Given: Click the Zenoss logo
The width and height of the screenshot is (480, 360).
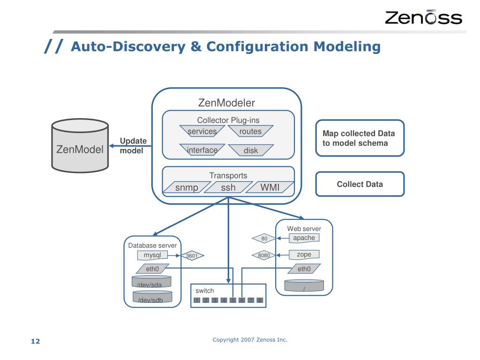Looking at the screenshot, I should tap(423, 17).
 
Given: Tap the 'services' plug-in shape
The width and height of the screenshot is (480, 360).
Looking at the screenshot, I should tap(202, 132).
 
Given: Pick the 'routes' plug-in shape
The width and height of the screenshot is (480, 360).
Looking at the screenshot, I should tap(250, 132).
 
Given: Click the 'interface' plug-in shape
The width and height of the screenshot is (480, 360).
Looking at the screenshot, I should tap(202, 150).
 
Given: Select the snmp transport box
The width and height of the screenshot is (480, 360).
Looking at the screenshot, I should tap(187, 188).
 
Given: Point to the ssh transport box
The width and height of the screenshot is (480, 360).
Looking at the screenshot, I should tap(228, 188).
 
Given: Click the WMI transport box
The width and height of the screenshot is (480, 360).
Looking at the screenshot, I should tap(270, 188).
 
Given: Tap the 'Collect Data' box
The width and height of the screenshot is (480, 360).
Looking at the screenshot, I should tap(360, 184).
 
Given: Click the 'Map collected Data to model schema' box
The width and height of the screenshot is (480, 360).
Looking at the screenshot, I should tap(360, 138).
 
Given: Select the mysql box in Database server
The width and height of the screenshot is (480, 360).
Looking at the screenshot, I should tap(152, 255).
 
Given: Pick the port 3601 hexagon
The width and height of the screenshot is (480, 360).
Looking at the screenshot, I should tap(192, 256).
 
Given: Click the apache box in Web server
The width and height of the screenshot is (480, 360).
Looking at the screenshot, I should tap(304, 238).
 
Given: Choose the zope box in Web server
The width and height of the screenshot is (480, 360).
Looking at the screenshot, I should tap(304, 255).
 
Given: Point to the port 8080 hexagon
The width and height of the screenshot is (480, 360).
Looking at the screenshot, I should tap(264, 256).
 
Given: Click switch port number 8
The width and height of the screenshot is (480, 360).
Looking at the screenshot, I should tap(259, 300).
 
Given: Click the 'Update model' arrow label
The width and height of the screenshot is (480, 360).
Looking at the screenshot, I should tap(133, 146).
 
